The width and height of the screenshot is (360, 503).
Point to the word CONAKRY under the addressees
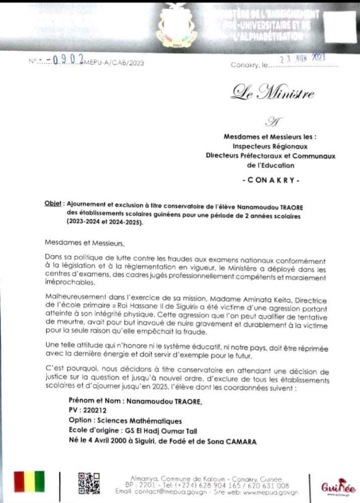(x=271, y=179)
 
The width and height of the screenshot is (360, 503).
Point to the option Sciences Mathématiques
(x=136, y=421)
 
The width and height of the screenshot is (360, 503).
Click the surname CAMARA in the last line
(x=238, y=442)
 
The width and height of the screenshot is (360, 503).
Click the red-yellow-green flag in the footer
(x=29, y=481)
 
